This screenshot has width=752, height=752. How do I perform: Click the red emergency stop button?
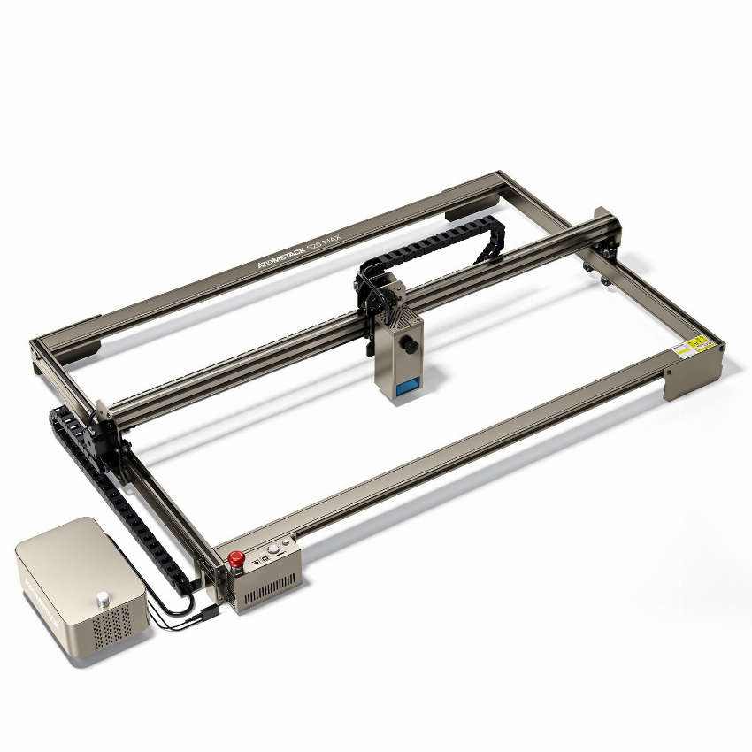pos(236,559)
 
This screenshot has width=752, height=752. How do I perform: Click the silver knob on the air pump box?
pos(104,598)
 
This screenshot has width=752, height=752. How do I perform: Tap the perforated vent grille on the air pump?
pos(113,627)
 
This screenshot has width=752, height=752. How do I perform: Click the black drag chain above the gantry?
pos(442,239)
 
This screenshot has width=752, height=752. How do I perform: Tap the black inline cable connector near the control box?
pos(204,611)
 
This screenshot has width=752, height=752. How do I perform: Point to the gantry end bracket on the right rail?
pos(604,234)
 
